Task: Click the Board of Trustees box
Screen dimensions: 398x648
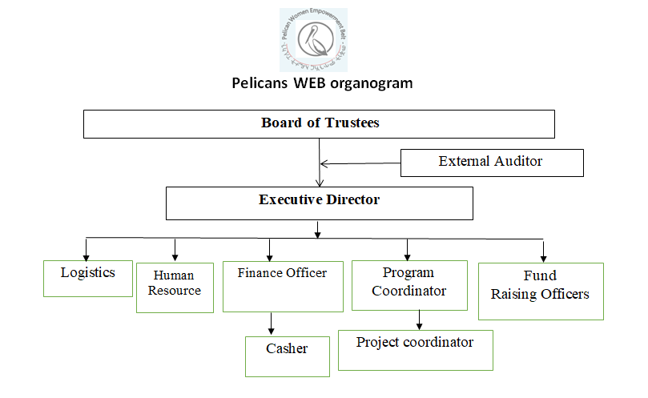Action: click(x=319, y=124)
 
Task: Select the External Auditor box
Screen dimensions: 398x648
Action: click(x=491, y=162)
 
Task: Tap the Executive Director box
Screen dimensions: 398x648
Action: click(x=319, y=202)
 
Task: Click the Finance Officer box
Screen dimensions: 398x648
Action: click(x=282, y=287)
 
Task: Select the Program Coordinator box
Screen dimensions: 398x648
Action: click(x=409, y=284)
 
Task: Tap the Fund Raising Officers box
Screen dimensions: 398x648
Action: click(x=541, y=291)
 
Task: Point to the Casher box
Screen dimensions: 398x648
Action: click(x=287, y=356)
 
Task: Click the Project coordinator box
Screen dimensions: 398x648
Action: click(x=415, y=348)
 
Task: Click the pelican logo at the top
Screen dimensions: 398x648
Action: click(x=313, y=40)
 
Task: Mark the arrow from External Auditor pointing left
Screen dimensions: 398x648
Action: click(x=360, y=163)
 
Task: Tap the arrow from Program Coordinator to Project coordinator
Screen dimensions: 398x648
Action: click(x=419, y=320)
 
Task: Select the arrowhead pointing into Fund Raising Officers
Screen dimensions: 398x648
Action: click(x=543, y=255)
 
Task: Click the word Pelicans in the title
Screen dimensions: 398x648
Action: click(x=261, y=82)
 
